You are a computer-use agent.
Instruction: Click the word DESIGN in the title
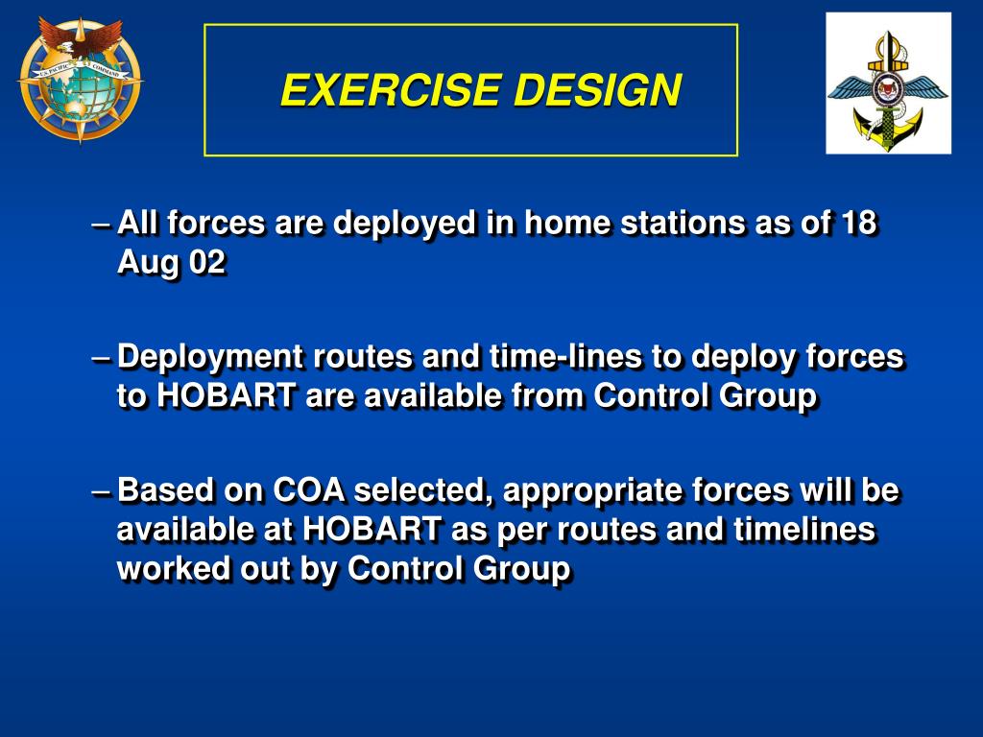tap(597, 90)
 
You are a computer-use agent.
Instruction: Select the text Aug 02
tap(171, 263)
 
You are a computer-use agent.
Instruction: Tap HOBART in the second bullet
tap(227, 396)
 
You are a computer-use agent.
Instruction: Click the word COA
tap(309, 490)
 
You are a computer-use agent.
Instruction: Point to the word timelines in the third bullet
tap(804, 530)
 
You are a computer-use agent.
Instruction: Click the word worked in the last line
tap(165, 569)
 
